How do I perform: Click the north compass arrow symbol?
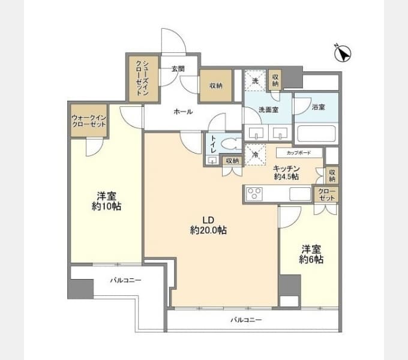click(343, 53)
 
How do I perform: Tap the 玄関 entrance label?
click(178, 69)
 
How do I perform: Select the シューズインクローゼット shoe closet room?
click(143, 79)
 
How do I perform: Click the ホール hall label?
click(183, 112)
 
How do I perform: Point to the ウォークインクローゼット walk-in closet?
click(89, 121)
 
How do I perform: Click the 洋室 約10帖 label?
click(106, 201)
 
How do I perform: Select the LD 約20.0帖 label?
click(208, 225)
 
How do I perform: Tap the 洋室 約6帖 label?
click(311, 254)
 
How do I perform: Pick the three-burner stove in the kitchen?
click(254, 194)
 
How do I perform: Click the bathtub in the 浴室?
click(316, 134)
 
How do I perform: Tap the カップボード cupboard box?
click(299, 152)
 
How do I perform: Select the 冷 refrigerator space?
click(255, 155)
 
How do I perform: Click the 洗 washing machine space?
click(255, 80)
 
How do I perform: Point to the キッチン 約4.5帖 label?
click(286, 172)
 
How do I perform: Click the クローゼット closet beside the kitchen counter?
click(327, 194)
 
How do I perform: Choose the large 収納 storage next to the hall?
click(216, 86)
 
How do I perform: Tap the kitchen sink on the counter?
click(300, 194)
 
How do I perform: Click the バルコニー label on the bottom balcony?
click(246, 320)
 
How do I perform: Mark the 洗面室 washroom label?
click(269, 110)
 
